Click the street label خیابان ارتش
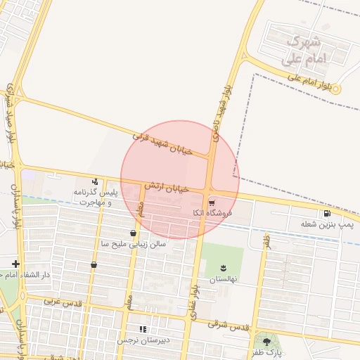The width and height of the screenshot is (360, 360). pos(167,187)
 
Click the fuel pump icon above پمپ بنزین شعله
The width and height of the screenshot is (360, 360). pos(327,214)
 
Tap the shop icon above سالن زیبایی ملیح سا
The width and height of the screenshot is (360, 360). pos(133,233)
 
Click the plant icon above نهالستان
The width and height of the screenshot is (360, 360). pos(224,268)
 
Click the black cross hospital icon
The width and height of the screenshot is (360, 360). pos(15,264)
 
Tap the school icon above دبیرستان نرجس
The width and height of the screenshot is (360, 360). pos(143,329)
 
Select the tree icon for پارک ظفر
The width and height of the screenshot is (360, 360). pos(266,341)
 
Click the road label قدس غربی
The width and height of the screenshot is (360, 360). pos(63,301)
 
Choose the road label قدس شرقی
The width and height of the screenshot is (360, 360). pos(229,325)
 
